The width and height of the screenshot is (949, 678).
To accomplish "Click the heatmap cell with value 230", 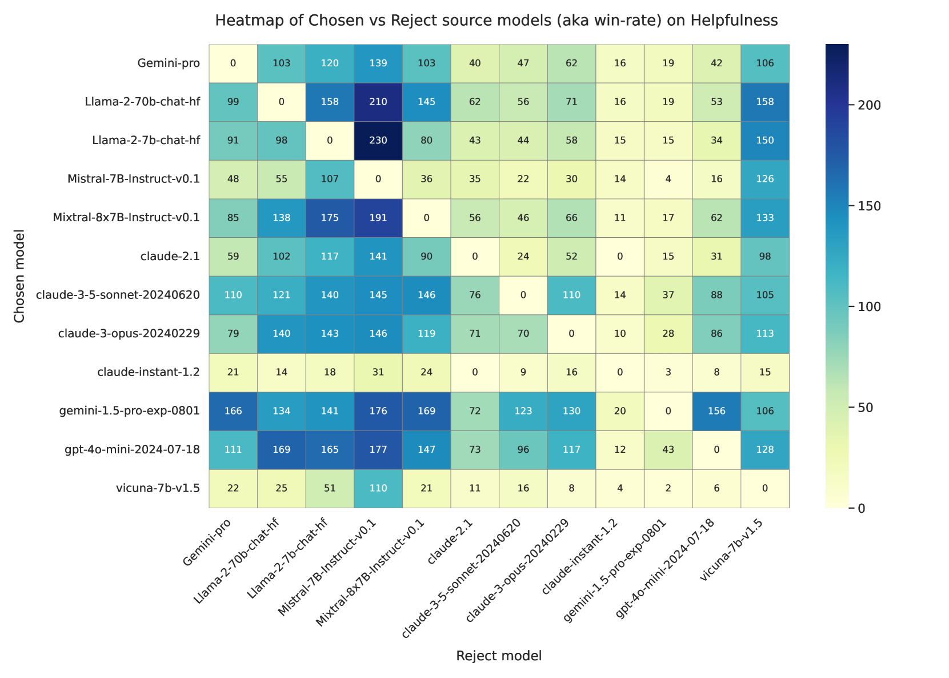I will tap(378, 141).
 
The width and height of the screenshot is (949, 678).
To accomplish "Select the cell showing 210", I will tap(378, 102).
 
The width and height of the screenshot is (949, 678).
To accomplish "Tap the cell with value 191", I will tap(378, 218).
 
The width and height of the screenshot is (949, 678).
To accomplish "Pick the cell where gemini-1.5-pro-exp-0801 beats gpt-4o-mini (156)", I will tap(716, 411).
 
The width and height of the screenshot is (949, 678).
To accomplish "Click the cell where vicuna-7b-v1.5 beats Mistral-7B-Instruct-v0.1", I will tap(378, 488).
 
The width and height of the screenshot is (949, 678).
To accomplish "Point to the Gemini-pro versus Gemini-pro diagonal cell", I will tap(233, 63).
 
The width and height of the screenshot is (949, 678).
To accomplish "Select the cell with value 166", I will tap(233, 411).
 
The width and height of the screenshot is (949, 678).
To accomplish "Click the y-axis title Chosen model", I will tap(20, 276).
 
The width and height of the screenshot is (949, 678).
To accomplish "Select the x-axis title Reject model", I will tap(499, 656).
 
